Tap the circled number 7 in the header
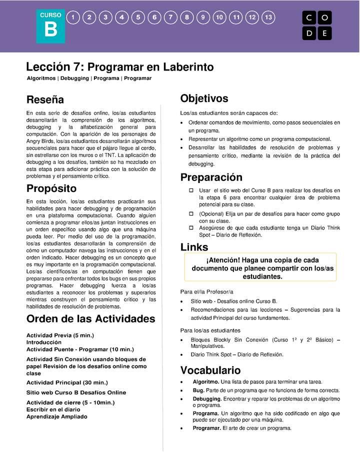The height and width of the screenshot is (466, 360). tap(170, 17)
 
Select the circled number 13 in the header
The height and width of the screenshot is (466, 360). tap(268, 17)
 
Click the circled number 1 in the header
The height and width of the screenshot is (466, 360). tap(73, 17)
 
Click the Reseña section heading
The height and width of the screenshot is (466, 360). tap(45, 100)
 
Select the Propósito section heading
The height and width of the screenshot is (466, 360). tap(51, 188)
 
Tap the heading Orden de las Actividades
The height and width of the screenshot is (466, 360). tap(90, 319)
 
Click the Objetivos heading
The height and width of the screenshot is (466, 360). tap(204, 98)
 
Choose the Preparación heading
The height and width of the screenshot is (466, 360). tap(211, 177)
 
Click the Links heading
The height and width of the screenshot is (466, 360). tap(194, 247)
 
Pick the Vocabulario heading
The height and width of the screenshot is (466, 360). tap(210, 370)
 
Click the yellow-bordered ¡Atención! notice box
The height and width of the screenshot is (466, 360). tap(260, 268)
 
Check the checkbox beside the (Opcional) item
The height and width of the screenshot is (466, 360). tap(191, 213)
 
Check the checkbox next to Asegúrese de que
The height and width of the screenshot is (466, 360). tap(191, 227)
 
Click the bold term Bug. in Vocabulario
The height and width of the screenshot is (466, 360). tap(198, 390)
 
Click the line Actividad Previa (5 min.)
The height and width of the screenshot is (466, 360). tap(60, 335)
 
